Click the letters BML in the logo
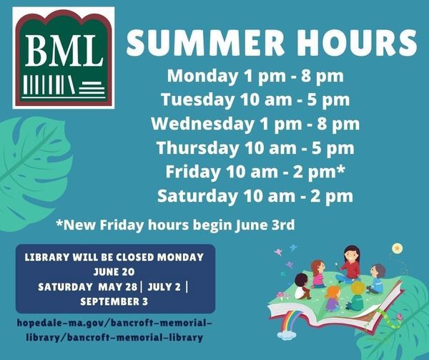click(x=64, y=51)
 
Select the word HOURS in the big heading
click(x=357, y=42)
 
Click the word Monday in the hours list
click(x=202, y=77)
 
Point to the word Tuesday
click(x=197, y=100)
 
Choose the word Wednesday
click(x=203, y=124)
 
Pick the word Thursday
click(x=197, y=148)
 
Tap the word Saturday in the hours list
click(x=197, y=196)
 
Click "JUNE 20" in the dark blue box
click(x=114, y=272)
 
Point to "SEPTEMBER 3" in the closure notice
click(x=114, y=302)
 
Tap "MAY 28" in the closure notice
click(x=118, y=287)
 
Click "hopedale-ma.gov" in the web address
click(x=60, y=323)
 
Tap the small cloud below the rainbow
click(x=287, y=334)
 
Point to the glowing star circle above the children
click(x=398, y=248)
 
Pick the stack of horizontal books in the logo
click(x=92, y=87)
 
